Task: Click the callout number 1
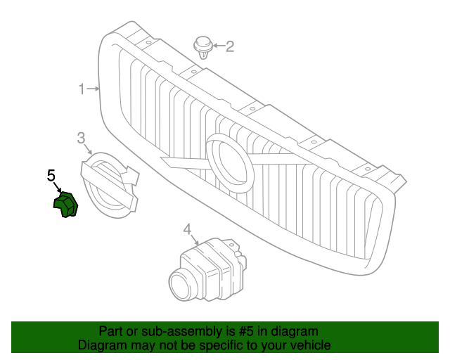click(x=82, y=89)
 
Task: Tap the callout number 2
click(x=229, y=47)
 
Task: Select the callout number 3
click(x=81, y=137)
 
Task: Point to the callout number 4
click(x=187, y=229)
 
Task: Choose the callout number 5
click(x=51, y=175)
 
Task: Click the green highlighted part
click(x=65, y=205)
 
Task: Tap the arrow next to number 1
click(x=94, y=89)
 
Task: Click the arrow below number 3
click(x=88, y=150)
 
